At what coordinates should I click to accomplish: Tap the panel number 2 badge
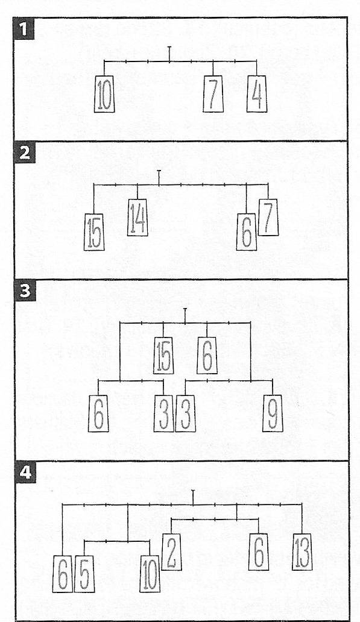click(x=25, y=152)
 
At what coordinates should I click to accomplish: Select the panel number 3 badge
click(x=25, y=291)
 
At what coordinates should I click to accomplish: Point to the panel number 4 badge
click(x=25, y=473)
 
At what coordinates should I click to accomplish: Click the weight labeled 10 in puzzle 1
click(x=104, y=94)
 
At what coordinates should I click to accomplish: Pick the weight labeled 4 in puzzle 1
click(x=257, y=94)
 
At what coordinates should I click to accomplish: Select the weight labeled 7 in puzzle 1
click(x=213, y=94)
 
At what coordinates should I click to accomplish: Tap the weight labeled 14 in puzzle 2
click(x=137, y=218)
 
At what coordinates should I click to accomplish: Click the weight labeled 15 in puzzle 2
click(x=94, y=232)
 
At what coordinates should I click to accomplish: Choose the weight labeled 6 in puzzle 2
click(x=247, y=232)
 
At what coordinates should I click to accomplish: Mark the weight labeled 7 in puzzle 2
click(x=268, y=218)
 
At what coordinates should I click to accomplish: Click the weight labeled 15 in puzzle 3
click(x=163, y=356)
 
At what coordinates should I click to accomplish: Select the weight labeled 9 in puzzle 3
click(x=273, y=413)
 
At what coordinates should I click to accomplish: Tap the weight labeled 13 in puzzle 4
click(x=302, y=552)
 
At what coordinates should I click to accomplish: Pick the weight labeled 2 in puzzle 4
click(x=171, y=552)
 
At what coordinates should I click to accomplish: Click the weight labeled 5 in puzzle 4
click(x=84, y=574)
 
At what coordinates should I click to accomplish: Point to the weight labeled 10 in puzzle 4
click(x=150, y=574)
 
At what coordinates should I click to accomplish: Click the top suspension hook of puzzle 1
click(x=169, y=54)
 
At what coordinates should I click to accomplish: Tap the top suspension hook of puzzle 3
click(x=185, y=315)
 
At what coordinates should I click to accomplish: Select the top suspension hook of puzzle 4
click(x=193, y=497)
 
